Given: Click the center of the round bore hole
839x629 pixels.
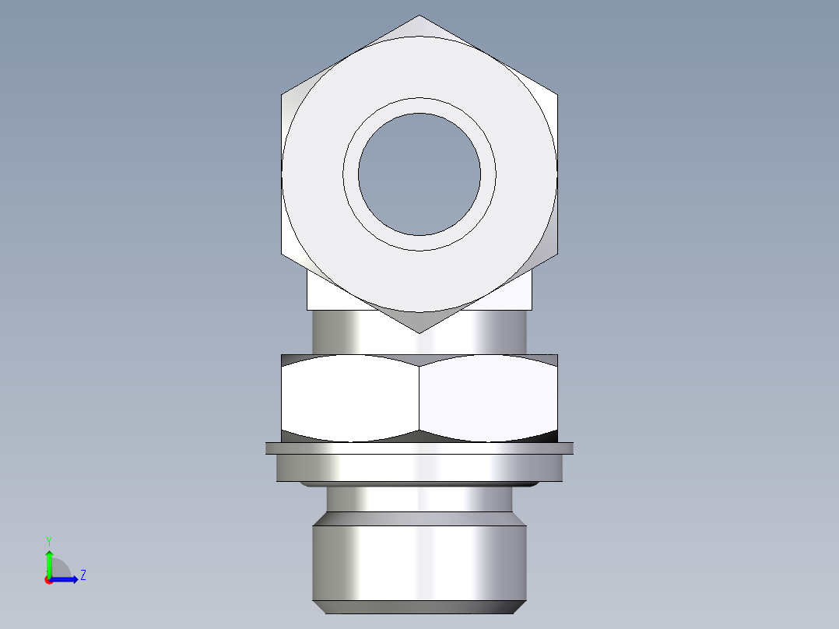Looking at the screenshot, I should point(419,174).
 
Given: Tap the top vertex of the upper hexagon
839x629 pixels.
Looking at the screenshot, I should point(419,16).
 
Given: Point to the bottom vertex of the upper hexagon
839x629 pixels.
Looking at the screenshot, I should point(419,333).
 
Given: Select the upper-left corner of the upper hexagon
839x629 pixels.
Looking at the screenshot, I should point(282,95).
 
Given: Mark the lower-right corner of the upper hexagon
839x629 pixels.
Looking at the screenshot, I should point(557,254).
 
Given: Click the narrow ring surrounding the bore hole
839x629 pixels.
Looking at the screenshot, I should point(419,106).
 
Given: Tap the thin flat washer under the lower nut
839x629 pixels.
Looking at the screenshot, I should point(419,448).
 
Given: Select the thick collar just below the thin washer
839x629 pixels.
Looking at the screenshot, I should point(419,467).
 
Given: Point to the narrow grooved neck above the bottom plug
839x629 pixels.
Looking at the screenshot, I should point(419,500).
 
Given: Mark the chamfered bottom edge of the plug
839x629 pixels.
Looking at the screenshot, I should point(419,607).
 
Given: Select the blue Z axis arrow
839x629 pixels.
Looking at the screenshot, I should point(67,579).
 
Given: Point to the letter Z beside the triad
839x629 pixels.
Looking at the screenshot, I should point(82,575).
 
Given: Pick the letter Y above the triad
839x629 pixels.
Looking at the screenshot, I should point(48,540).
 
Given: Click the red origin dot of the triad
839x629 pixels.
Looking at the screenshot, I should point(49,579).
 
